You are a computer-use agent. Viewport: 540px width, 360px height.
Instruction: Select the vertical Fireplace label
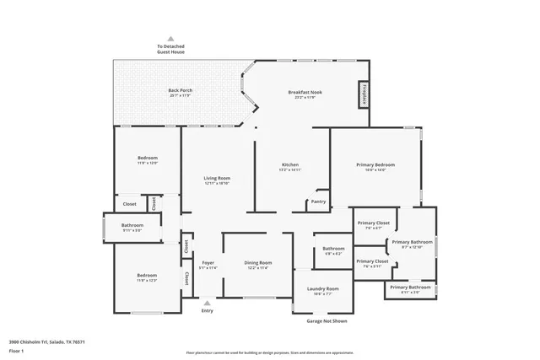coord(364,94)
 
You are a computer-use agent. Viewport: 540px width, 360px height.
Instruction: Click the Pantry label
coord(318,201)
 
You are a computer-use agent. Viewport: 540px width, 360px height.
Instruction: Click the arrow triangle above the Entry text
coord(207,302)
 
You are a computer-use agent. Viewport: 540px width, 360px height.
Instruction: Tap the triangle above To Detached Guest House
coord(170,39)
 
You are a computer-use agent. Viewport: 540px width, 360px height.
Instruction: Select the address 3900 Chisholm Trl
coord(47,341)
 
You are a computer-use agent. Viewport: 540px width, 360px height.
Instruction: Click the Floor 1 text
coord(16,350)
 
